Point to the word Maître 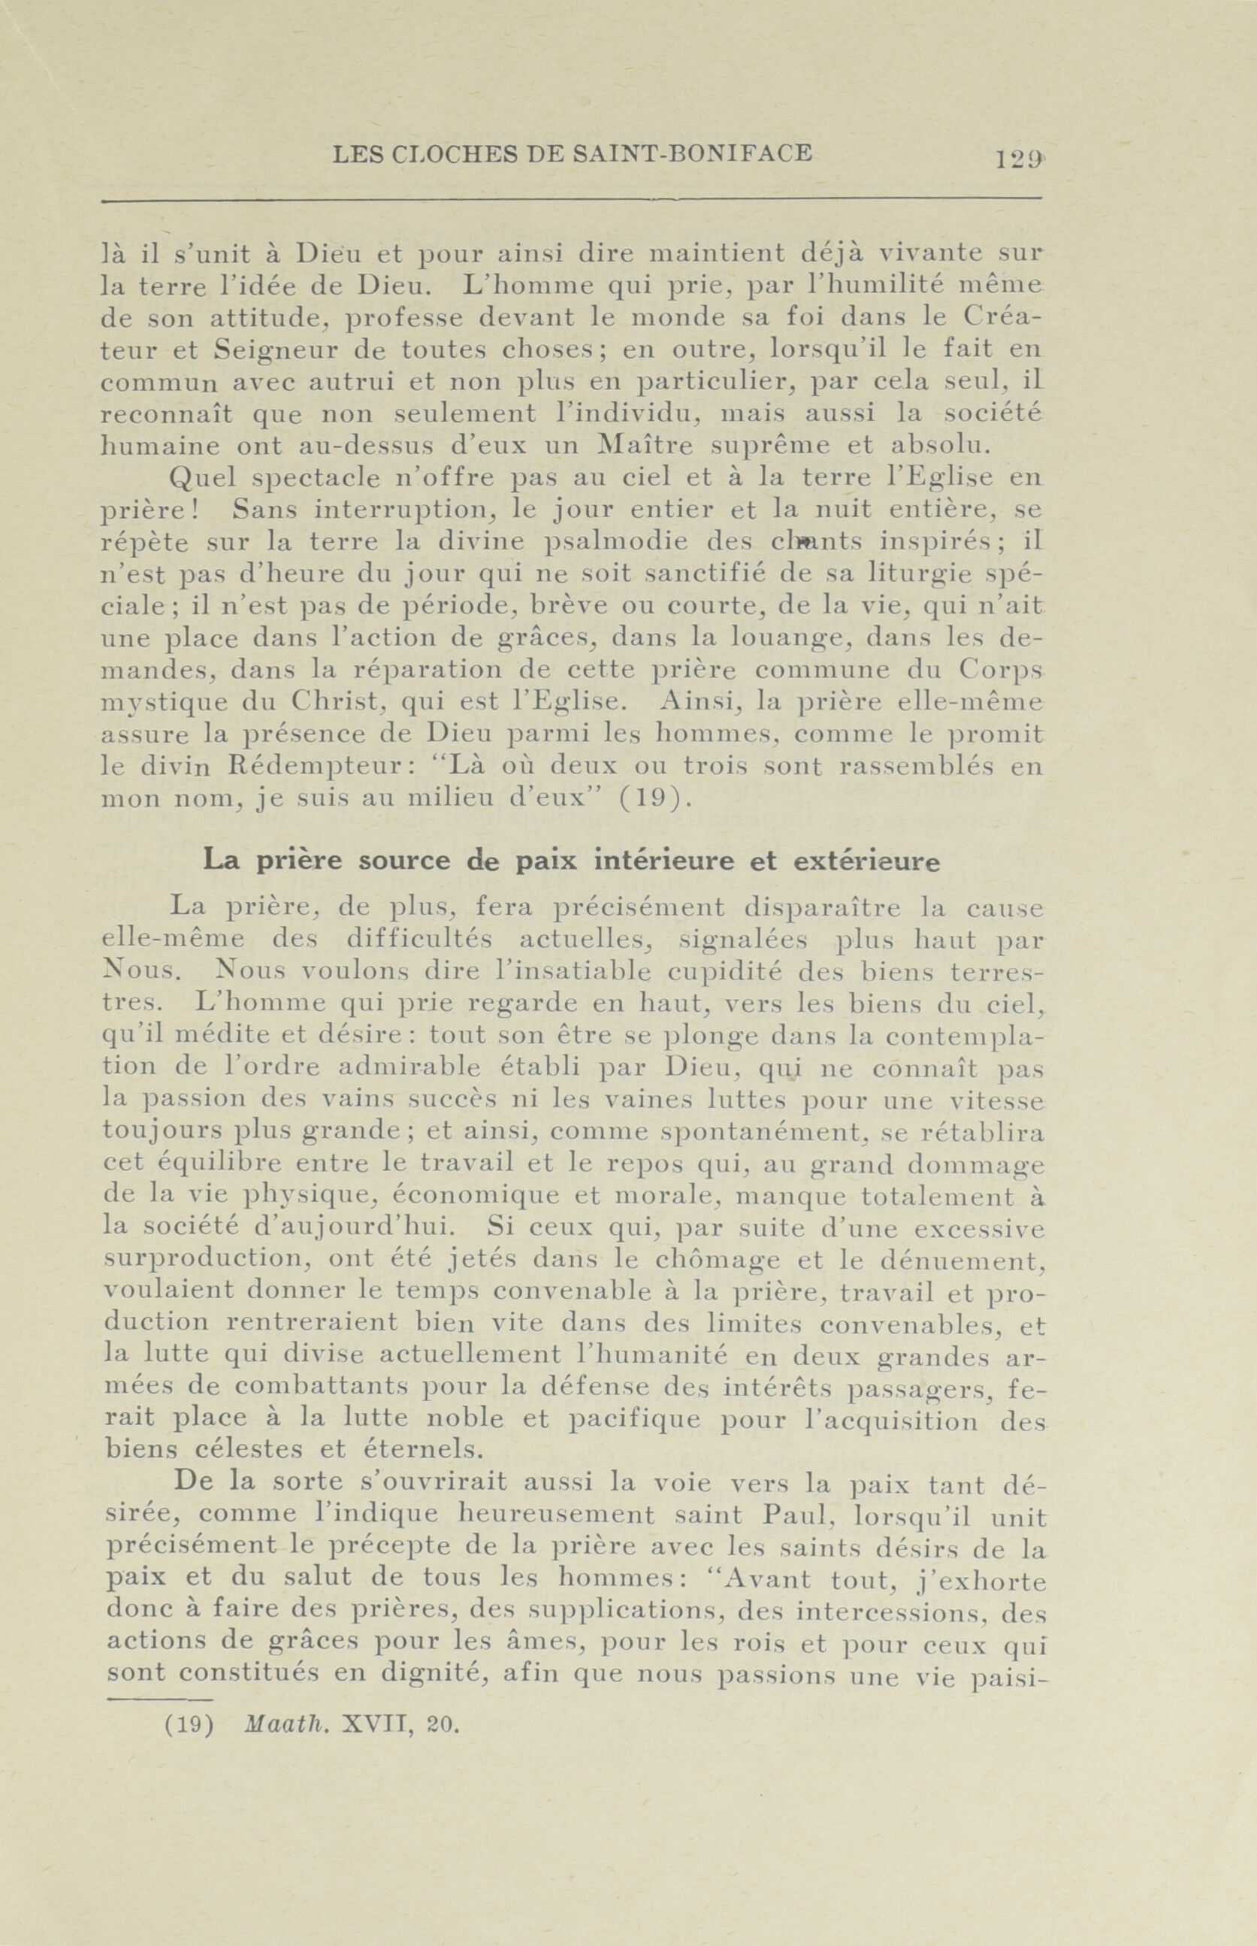pos(643,446)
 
